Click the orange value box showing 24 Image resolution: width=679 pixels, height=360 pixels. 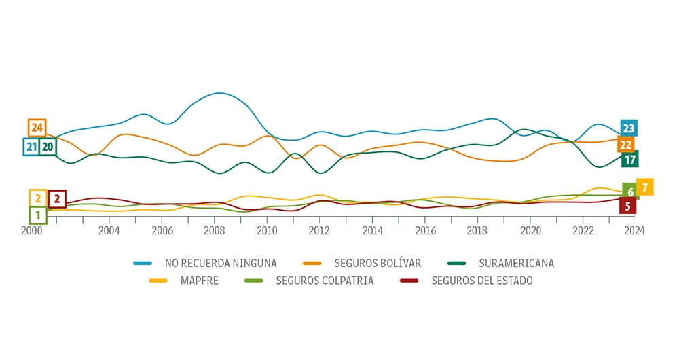[x=37, y=128]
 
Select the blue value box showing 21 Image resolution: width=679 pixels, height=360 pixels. [x=31, y=146]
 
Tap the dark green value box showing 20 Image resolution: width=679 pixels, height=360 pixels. [x=48, y=146]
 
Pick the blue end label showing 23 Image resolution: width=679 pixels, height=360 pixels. [x=628, y=128]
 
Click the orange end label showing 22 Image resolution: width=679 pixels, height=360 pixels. [x=626, y=145]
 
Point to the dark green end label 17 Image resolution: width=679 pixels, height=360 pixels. [x=629, y=160]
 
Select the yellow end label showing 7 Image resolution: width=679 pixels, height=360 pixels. [x=644, y=187]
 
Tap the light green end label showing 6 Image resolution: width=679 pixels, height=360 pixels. [x=630, y=192]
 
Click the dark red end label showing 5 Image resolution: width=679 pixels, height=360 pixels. [x=627, y=206]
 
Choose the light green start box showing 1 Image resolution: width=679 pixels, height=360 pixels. [x=38, y=215]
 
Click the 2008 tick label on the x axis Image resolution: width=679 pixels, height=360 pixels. [x=215, y=230]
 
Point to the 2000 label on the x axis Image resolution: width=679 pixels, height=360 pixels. [x=31, y=230]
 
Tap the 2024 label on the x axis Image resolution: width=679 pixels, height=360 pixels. [x=634, y=230]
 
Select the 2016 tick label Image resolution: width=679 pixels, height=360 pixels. [x=424, y=230]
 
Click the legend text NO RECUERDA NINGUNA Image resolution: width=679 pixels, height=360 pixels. [x=221, y=263]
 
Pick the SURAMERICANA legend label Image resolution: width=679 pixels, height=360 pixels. [x=516, y=263]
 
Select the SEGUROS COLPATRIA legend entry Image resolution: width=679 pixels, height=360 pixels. [x=325, y=281]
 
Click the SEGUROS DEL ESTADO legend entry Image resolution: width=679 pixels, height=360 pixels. [x=481, y=281]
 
